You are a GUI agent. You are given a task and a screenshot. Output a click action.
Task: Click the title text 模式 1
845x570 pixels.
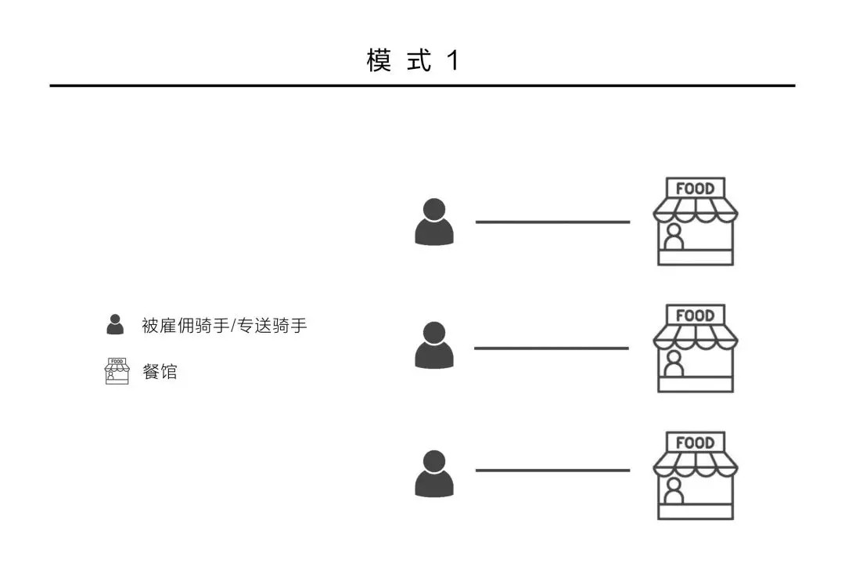(x=412, y=60)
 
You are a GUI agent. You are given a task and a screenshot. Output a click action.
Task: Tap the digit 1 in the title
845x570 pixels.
(x=452, y=60)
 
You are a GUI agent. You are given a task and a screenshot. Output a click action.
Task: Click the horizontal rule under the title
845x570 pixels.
(x=422, y=85)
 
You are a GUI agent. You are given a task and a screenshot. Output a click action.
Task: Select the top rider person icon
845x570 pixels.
(x=433, y=222)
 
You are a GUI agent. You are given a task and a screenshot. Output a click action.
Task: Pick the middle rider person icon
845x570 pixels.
(x=433, y=346)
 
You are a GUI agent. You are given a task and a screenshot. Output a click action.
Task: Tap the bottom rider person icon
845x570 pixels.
(x=433, y=474)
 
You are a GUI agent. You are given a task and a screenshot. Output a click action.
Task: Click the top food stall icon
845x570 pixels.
(x=695, y=222)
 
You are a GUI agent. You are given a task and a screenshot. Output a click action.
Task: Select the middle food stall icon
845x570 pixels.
(x=695, y=348)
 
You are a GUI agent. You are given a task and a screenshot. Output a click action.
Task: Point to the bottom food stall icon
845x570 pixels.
(x=695, y=475)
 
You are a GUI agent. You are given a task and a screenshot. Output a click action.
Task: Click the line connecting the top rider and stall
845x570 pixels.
(x=552, y=222)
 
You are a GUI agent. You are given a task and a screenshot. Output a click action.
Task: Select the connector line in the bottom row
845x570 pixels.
(x=552, y=471)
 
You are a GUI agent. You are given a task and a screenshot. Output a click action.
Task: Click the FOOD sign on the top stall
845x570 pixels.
(x=695, y=189)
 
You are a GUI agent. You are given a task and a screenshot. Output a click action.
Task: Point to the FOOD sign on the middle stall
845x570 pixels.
(x=695, y=316)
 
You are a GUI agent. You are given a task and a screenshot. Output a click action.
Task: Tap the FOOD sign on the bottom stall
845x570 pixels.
(x=695, y=442)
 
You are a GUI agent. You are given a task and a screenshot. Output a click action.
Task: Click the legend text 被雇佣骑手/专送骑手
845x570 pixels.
(x=224, y=326)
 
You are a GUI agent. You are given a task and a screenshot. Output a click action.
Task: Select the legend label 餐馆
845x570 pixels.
(x=160, y=372)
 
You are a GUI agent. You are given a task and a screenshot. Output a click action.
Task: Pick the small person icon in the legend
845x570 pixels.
(x=115, y=324)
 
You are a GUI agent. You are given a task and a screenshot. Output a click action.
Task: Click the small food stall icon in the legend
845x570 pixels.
(x=117, y=371)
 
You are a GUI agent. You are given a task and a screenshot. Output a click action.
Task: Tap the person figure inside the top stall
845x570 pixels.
(x=672, y=237)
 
